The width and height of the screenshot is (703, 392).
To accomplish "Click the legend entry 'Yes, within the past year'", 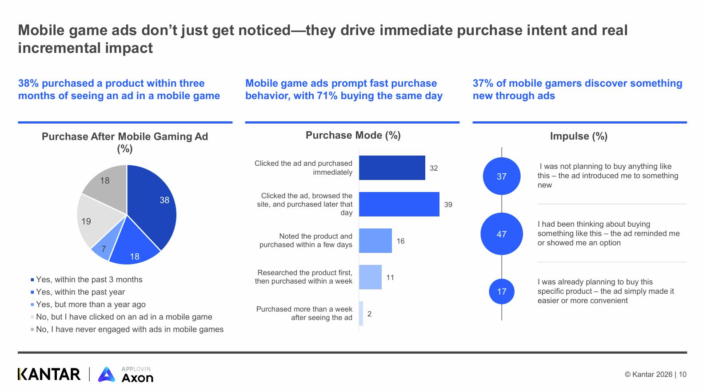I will coord(80,292).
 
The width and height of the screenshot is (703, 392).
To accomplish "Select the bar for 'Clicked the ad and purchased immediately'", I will coord(392,168).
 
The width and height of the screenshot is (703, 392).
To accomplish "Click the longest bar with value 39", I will coord(399,204).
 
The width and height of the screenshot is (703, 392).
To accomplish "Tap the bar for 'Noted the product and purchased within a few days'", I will coord(375,241).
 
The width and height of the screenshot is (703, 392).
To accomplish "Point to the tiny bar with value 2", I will coord(361,314).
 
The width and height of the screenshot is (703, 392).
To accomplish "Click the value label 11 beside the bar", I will coord(390,277).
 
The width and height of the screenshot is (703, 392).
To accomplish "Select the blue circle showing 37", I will coord(502,176).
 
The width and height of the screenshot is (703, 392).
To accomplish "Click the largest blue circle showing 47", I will coord(502,234).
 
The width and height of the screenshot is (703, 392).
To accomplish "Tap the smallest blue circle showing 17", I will coord(502,292).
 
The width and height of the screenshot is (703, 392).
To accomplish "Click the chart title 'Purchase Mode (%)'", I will coord(353,135).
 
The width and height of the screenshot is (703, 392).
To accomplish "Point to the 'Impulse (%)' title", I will coord(579,136).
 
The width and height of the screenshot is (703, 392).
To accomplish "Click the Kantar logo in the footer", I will coord(49,374).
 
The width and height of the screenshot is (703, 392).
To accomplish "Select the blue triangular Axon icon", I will coord(107,375).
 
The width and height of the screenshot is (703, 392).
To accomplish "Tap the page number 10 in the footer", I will coord(683,374).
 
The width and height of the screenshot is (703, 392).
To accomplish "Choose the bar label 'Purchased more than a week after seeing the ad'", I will coord(304,313).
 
